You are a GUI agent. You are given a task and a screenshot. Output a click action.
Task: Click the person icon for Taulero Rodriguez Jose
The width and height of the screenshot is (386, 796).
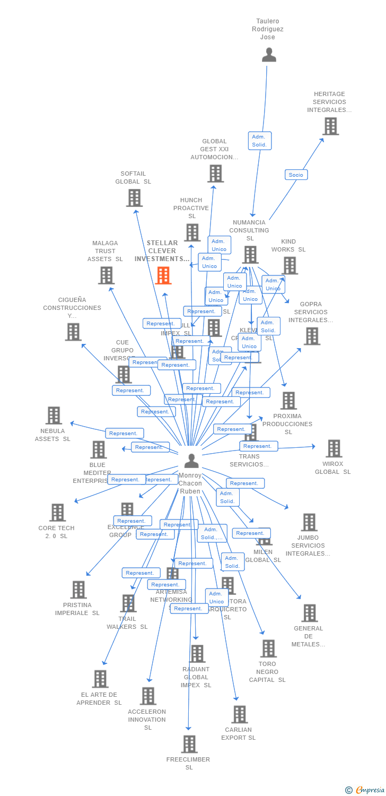tap(269, 55)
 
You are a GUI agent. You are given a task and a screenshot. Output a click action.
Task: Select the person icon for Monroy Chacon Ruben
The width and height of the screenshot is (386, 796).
tap(191, 461)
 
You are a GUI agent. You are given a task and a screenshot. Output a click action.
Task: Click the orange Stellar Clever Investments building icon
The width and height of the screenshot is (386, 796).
tap(163, 275)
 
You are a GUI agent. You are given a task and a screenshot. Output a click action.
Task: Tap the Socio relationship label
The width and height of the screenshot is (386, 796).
tap(296, 175)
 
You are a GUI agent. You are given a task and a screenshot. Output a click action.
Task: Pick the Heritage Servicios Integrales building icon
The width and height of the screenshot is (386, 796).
tap(330, 126)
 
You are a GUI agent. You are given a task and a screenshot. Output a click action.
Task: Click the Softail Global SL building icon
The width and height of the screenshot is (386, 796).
tap(134, 198)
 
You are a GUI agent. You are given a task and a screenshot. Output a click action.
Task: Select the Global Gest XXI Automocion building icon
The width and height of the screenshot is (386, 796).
tap(215, 174)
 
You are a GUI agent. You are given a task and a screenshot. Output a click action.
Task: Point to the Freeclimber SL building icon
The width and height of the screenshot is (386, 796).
tap(189, 744)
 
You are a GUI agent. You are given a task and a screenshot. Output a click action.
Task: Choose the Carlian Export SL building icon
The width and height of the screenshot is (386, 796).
tap(239, 714)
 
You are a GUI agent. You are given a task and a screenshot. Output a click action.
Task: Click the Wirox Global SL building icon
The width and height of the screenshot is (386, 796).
tap(334, 448)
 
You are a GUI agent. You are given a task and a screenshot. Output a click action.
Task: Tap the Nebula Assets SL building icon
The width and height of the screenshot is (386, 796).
tap(54, 416)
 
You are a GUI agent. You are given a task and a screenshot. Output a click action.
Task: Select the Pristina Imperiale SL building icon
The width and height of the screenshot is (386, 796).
tap(78, 590)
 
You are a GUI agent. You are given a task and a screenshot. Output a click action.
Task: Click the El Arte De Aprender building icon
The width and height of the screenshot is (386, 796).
tap(100, 679)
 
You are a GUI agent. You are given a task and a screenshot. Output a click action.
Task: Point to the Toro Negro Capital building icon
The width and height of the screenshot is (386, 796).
tap(268, 648)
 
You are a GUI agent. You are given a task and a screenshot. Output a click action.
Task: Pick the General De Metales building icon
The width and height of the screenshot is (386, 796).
tap(309, 613)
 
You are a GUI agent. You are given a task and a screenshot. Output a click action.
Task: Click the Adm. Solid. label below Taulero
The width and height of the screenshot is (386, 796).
tap(259, 141)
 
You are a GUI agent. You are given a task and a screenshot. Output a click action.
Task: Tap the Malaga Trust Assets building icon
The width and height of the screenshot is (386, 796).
tap(106, 275)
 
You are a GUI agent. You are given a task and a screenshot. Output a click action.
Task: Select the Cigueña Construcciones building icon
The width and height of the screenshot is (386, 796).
tap(73, 332)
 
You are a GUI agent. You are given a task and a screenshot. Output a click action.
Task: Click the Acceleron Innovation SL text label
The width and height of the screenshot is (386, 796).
tap(147, 720)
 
